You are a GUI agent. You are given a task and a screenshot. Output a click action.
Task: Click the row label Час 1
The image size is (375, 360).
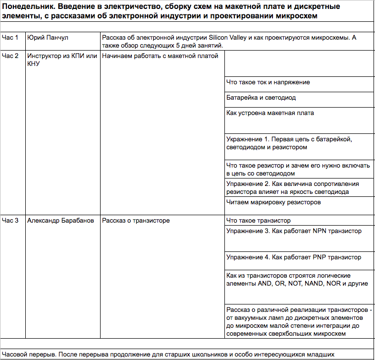pyautogui.click(x=10, y=38)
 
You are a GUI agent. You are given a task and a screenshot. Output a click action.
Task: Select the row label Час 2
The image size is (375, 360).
pyautogui.click(x=10, y=56)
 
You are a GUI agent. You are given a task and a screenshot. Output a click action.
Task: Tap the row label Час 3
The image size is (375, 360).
pyautogui.click(x=10, y=220)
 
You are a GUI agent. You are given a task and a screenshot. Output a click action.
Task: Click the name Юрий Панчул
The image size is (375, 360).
pyautogui.click(x=48, y=38)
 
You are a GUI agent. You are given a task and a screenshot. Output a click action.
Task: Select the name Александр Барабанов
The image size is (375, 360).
pyautogui.click(x=60, y=220)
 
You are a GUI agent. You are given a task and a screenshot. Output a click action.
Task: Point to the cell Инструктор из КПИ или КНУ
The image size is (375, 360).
pyautogui.click(x=62, y=60)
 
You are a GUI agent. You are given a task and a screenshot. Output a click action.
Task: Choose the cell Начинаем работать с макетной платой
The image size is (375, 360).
pyautogui.click(x=160, y=56)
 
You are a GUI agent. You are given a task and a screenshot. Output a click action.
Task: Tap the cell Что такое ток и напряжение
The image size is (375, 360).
pyautogui.click(x=268, y=82)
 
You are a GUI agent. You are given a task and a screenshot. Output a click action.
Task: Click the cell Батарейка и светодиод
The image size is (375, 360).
pyautogui.click(x=261, y=98)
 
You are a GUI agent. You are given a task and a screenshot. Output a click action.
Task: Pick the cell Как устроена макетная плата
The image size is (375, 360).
pyautogui.click(x=270, y=113)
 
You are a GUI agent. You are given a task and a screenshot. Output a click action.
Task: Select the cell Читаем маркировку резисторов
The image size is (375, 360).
pyautogui.click(x=273, y=202)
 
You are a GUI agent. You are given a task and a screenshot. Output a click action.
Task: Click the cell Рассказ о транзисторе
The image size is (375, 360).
pyautogui.click(x=136, y=220)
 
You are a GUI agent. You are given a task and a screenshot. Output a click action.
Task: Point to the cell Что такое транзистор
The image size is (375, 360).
pyautogui.click(x=258, y=220)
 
